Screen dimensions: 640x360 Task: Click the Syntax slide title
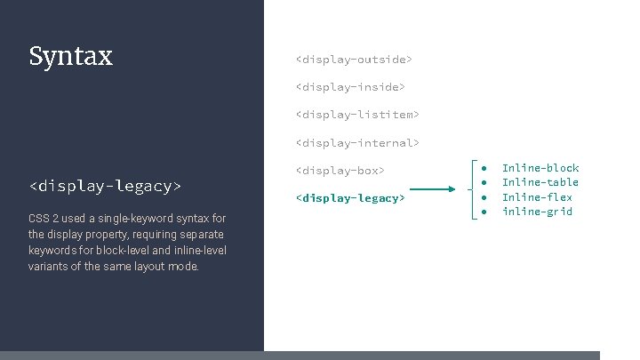(x=70, y=57)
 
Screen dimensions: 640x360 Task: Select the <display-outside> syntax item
(x=354, y=60)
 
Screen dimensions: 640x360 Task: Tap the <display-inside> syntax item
(x=350, y=87)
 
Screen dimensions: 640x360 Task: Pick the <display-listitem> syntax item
(x=357, y=115)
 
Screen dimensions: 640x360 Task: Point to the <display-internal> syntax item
(x=357, y=142)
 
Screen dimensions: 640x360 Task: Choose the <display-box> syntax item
(x=340, y=170)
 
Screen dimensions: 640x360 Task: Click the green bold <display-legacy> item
(x=350, y=197)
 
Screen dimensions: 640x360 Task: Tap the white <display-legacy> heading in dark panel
(x=105, y=186)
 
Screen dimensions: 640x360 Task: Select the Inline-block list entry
(x=540, y=168)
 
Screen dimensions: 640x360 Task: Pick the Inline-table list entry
(x=540, y=182)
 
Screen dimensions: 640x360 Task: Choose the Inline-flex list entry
(x=537, y=197)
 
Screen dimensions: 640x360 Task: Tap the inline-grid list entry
(x=537, y=212)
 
